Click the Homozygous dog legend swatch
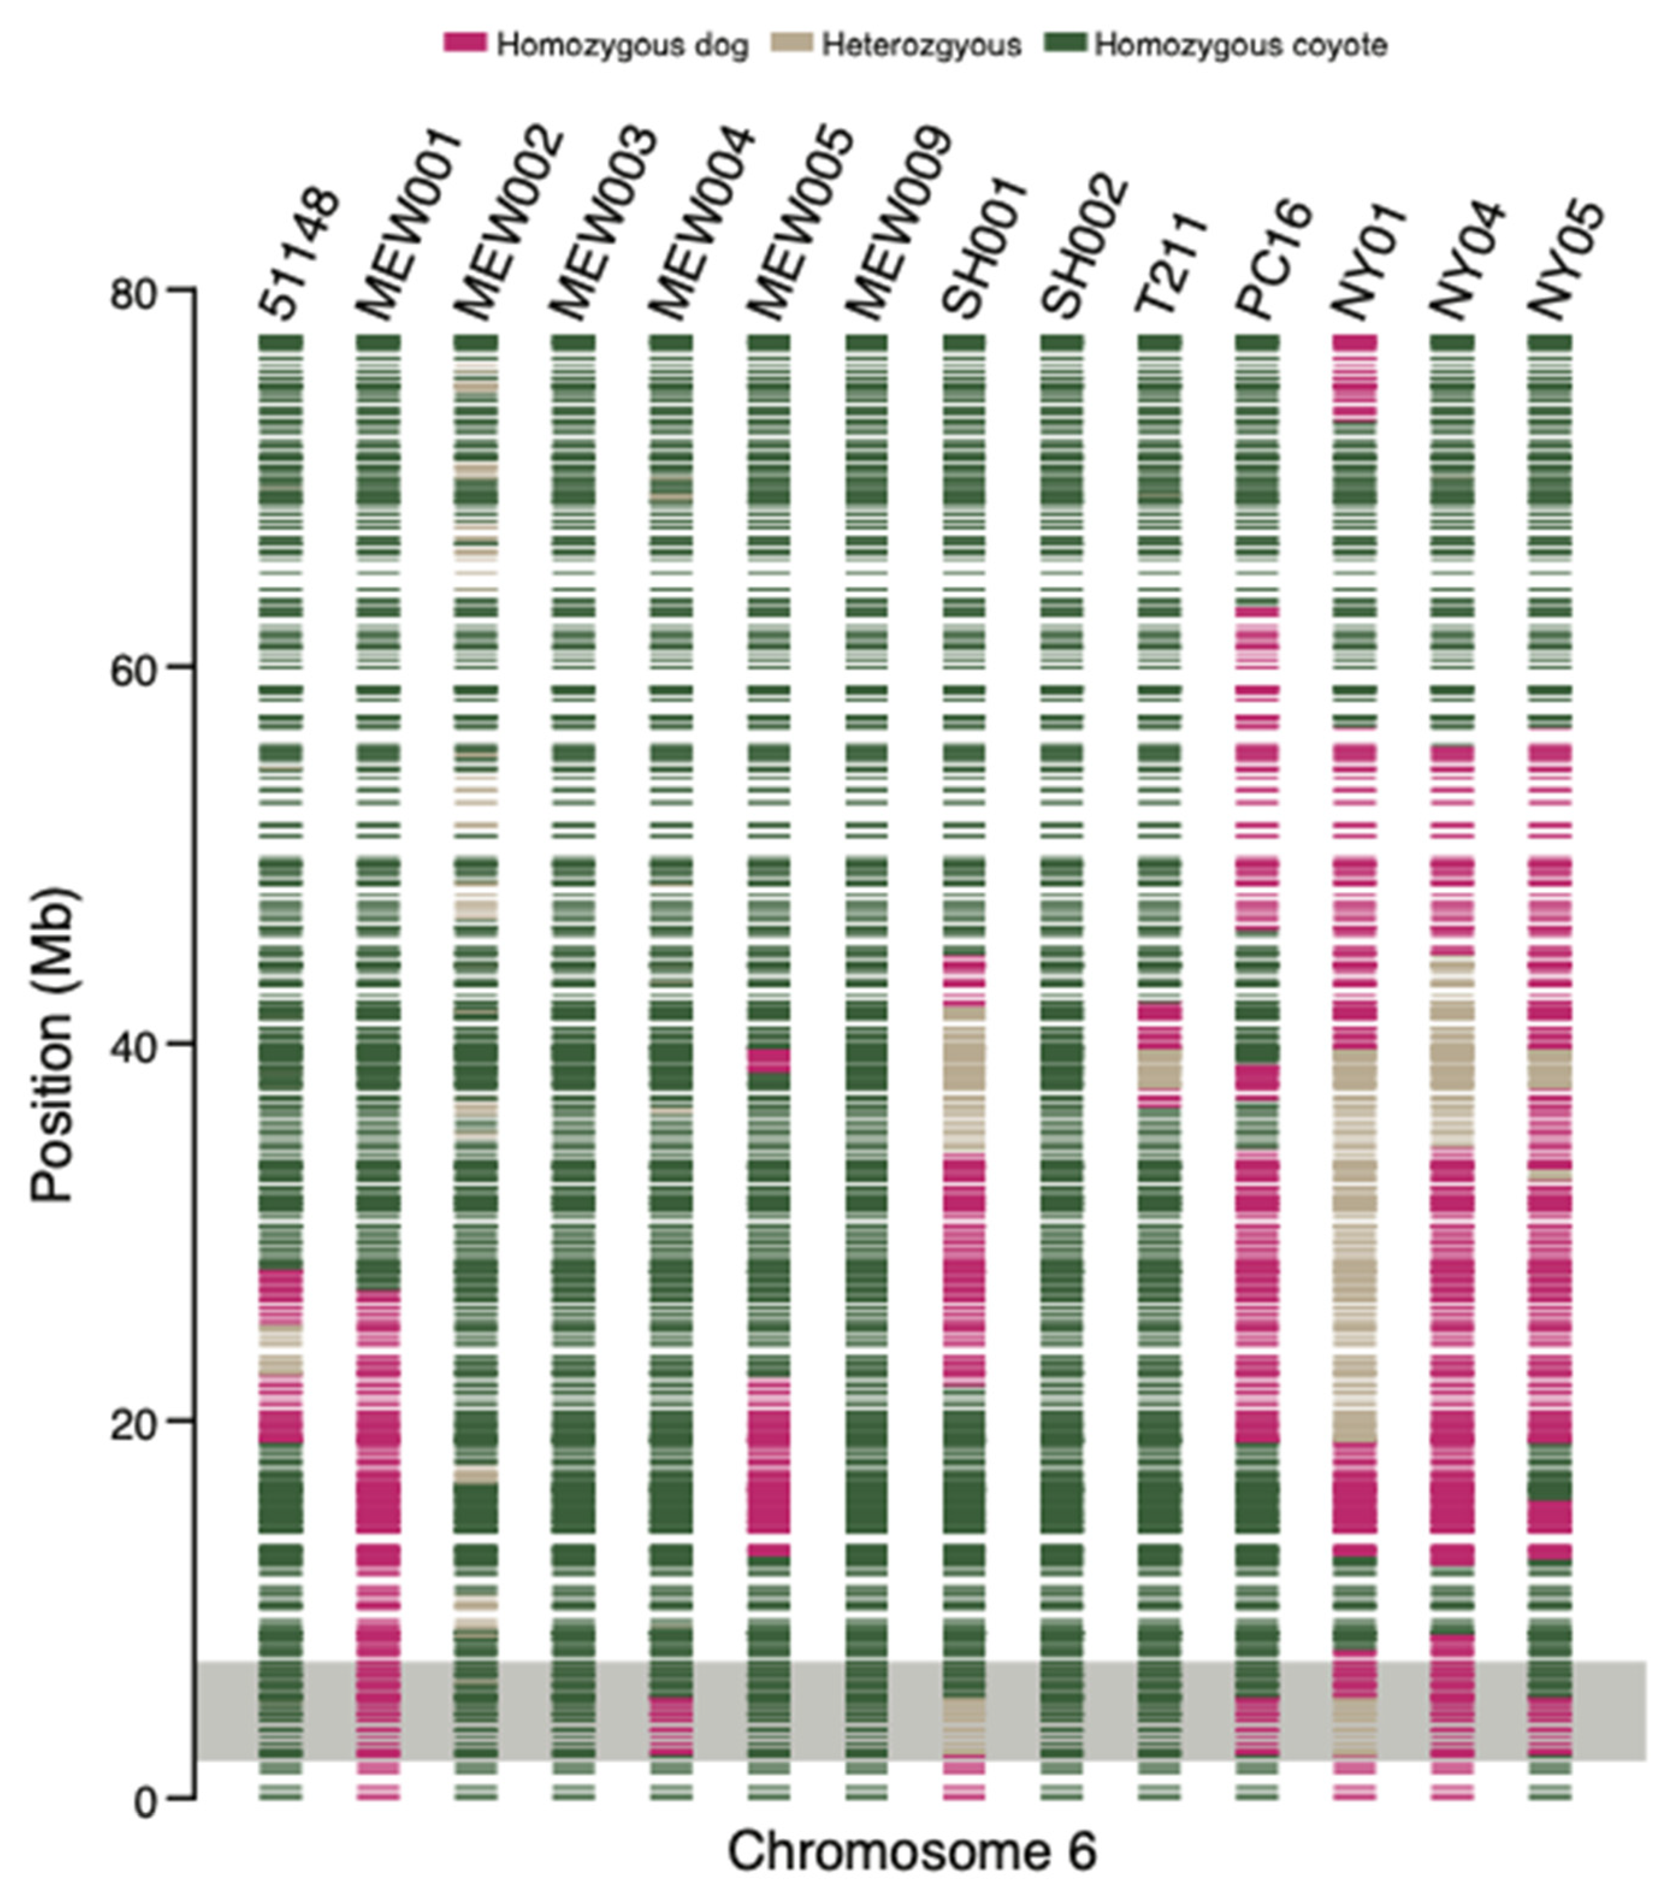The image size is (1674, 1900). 465,43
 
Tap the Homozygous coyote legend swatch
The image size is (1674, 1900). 1065,43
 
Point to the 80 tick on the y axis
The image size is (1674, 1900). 181,289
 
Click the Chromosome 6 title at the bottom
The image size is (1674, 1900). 911,1850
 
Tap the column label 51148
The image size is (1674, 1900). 299,253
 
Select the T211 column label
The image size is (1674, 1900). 1171,262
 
